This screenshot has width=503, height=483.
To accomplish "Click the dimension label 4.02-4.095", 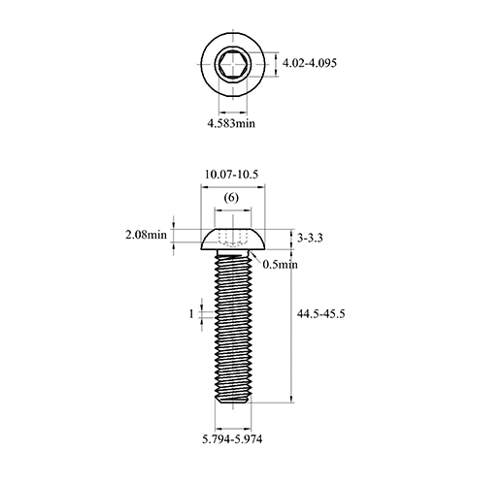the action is [x=310, y=63].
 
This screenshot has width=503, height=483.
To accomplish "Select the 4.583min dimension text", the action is [x=231, y=123].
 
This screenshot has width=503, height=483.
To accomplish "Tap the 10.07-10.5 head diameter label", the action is [x=232, y=175].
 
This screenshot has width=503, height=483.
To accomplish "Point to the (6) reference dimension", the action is [x=231, y=198].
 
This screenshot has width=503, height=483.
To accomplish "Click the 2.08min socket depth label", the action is [x=146, y=235].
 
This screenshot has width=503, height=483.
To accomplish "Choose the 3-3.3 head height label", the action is [x=310, y=239].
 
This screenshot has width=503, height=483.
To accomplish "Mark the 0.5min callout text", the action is [x=280, y=265].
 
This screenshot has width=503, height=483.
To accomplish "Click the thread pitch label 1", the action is [x=191, y=313].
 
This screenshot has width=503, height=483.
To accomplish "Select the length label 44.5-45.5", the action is [x=321, y=313].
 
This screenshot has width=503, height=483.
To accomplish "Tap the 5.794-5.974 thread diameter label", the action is [x=232, y=439].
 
